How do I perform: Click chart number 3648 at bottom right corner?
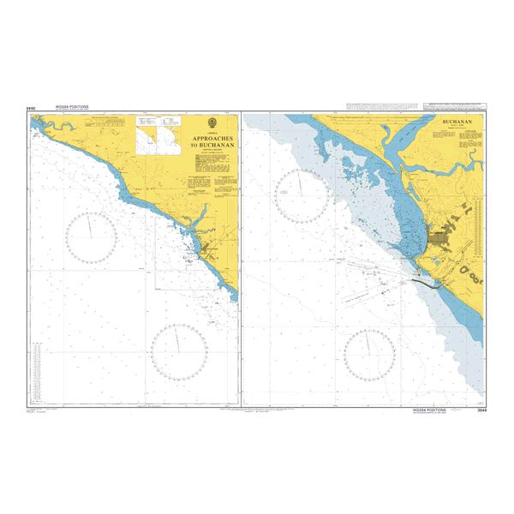[x=482, y=410]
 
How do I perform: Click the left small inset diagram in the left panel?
[x=146, y=134]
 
